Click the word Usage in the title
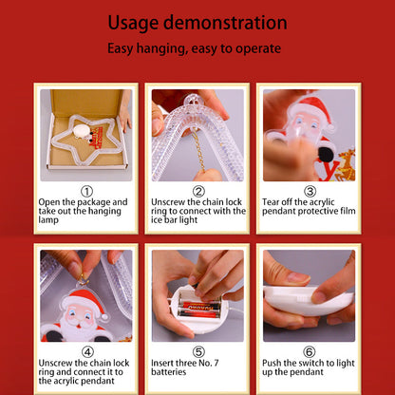coord(133,23)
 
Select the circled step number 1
coord(86,191)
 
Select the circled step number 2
coord(198,191)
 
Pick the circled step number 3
coord(310,191)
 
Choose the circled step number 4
coord(87,352)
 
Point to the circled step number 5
coord(198,352)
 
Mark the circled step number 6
coord(310,352)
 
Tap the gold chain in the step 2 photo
coord(199,150)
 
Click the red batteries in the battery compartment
coord(200,310)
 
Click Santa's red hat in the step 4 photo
coord(84,298)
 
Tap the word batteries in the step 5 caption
coord(169,372)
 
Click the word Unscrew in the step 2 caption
coord(168,202)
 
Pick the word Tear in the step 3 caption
coord(271,202)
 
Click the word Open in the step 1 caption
coord(49,202)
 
